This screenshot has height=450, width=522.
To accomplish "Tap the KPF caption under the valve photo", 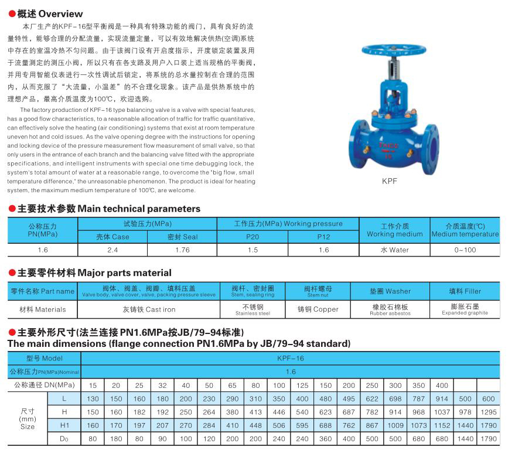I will (390, 182).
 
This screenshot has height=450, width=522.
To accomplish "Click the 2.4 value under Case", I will (112, 250).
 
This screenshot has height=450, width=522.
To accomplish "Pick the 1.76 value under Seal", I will (182, 250).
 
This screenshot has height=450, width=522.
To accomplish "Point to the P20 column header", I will (252, 237).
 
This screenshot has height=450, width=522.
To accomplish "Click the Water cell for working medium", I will (394, 250).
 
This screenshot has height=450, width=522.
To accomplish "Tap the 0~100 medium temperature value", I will (465, 250).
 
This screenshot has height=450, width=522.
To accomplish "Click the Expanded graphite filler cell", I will (465, 309).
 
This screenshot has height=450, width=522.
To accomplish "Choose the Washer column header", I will (390, 291).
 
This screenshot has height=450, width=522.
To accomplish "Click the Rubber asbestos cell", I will (390, 309).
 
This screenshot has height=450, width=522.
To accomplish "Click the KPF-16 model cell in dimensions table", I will (291, 357).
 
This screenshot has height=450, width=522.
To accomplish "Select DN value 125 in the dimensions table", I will (302, 386).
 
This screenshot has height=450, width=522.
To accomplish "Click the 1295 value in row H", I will (489, 412).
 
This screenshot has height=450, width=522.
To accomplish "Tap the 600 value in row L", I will (489, 399).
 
